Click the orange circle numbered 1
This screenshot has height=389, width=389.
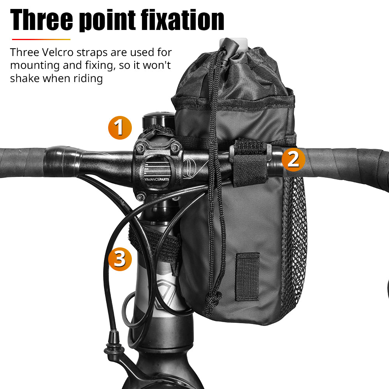[x=120, y=128]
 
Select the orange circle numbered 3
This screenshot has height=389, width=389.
[x=120, y=259]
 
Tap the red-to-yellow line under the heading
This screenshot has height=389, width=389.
[x=41, y=39]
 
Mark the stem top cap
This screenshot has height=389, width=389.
[x=158, y=116]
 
